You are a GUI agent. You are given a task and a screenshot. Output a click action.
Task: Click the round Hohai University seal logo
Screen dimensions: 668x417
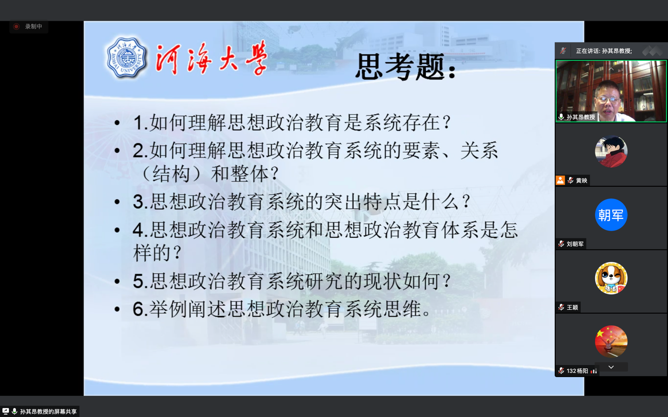click(127, 58)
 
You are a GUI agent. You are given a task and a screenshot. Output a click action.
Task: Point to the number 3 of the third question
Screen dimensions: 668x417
click(138, 202)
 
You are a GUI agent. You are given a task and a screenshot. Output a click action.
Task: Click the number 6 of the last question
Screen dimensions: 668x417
click(138, 309)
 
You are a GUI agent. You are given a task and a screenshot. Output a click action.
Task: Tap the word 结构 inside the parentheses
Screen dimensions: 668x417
click(172, 174)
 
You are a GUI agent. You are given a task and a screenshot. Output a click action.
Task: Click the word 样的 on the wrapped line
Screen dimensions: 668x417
click(152, 253)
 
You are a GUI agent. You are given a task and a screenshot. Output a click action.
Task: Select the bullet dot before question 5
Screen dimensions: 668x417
click(117, 282)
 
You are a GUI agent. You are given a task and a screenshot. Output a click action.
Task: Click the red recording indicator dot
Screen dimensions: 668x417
click(16, 27)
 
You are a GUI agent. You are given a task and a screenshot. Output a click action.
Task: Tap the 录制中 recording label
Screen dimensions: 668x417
click(34, 27)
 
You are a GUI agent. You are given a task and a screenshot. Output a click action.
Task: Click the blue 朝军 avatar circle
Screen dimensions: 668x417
click(611, 214)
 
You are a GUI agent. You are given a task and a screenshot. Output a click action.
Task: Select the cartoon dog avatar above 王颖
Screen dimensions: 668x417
click(611, 278)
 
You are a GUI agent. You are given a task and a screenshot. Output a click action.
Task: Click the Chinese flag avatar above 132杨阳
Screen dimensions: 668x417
click(611, 341)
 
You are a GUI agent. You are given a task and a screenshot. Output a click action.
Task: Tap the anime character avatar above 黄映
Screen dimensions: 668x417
click(611, 151)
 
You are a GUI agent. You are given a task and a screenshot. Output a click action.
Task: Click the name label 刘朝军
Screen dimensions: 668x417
click(575, 244)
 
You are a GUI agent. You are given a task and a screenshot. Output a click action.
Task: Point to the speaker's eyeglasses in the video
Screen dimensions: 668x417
click(608, 100)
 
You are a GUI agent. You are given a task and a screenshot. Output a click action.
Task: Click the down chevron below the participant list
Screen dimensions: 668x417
click(611, 367)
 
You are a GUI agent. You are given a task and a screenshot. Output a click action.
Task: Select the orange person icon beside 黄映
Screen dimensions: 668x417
click(560, 180)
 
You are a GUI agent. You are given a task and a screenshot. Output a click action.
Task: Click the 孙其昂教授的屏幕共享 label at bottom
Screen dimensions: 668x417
click(48, 412)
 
